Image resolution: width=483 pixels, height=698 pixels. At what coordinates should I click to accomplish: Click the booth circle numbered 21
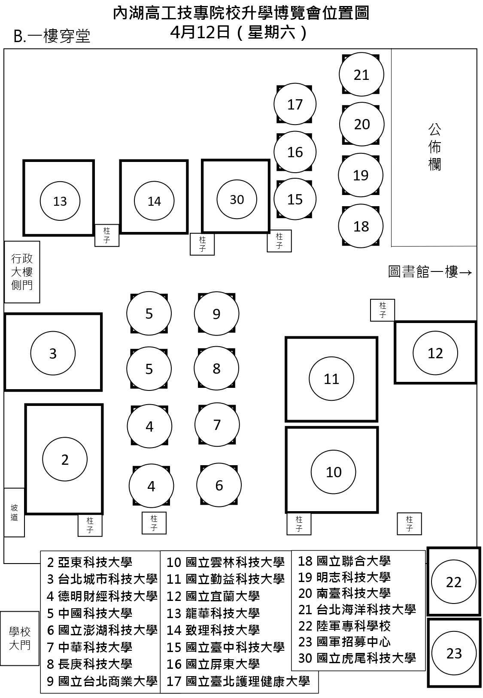(x=361, y=75)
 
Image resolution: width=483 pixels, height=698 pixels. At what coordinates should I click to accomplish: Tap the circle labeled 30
(x=237, y=199)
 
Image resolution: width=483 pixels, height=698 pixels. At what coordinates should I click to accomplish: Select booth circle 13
(x=60, y=201)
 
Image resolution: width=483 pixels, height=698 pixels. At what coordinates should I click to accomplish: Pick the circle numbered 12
(x=435, y=353)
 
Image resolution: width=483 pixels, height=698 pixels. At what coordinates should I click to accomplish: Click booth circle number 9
(x=216, y=314)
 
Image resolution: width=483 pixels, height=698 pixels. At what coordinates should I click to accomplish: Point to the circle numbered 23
(x=454, y=653)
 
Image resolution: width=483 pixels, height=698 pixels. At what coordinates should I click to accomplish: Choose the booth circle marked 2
(x=65, y=460)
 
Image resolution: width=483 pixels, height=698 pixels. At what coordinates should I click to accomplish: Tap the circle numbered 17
(x=295, y=104)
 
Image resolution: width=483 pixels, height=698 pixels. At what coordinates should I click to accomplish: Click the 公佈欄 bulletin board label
(x=434, y=147)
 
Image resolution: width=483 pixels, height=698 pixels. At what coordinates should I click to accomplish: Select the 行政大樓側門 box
(x=22, y=271)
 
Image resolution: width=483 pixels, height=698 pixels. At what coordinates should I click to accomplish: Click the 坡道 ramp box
(x=14, y=512)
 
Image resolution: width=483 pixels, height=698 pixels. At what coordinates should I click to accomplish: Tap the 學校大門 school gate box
(x=20, y=638)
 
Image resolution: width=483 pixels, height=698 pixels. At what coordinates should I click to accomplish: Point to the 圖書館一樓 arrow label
(x=430, y=272)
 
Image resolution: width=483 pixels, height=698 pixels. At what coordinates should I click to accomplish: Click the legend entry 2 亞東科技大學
(x=90, y=562)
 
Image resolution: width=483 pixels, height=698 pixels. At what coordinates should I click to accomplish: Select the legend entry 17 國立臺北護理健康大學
(x=238, y=681)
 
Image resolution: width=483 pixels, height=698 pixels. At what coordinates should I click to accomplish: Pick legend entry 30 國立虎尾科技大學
(x=357, y=658)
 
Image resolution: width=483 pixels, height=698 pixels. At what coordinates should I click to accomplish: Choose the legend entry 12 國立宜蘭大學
(x=213, y=596)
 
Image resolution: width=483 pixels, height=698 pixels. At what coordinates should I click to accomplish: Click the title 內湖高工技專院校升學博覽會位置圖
(x=241, y=13)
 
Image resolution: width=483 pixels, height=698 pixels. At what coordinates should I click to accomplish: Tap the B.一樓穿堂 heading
(x=52, y=37)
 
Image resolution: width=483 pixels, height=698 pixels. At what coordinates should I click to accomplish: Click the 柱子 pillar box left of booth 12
(x=382, y=310)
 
